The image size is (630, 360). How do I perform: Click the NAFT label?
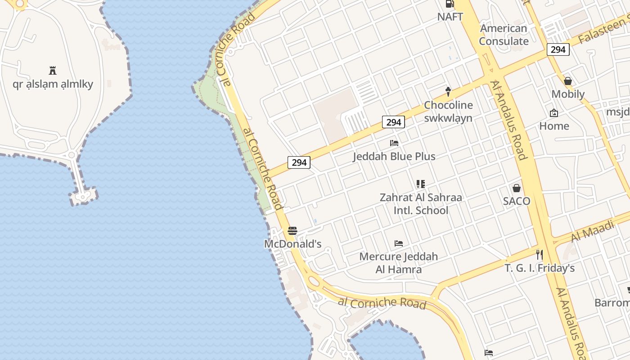point(450,17)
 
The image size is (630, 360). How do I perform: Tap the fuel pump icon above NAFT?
point(449,4)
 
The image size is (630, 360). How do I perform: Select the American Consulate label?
point(504,35)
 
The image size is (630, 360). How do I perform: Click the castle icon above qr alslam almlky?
point(53,70)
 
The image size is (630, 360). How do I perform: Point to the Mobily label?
point(568,94)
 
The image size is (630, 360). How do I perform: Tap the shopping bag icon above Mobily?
point(568,81)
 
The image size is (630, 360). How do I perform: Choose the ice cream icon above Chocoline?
point(448,91)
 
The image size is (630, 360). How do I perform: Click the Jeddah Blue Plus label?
point(394,157)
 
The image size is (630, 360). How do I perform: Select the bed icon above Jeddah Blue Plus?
point(394,143)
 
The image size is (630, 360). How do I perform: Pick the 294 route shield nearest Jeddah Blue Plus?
point(393,122)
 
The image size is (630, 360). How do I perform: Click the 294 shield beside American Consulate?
point(558,49)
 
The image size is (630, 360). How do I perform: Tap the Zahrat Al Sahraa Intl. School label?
point(421,204)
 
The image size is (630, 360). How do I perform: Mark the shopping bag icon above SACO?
point(517,188)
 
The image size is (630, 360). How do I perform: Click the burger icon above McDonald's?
point(292,231)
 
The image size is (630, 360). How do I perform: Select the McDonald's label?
point(292,244)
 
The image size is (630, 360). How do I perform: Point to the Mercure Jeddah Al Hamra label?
point(399,263)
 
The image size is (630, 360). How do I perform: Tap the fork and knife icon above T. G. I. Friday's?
point(539,255)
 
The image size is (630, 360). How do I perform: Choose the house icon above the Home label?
point(554,113)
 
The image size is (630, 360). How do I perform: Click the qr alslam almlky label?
point(53,84)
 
